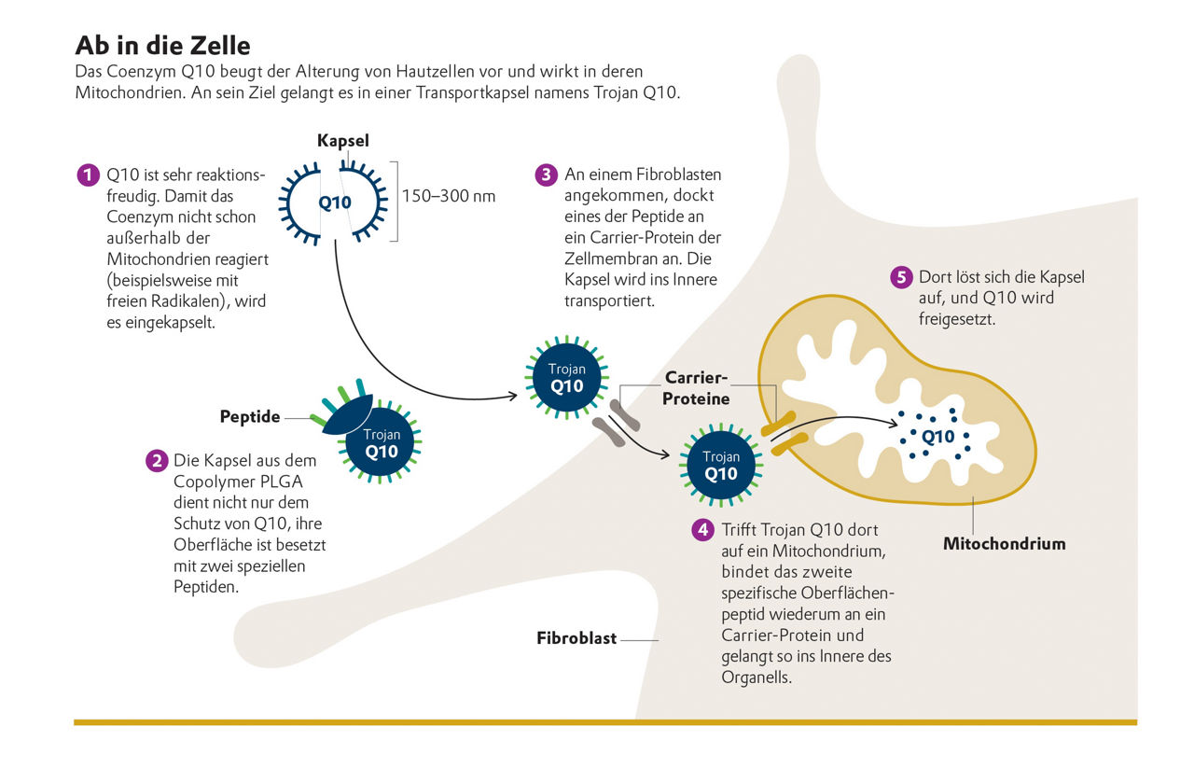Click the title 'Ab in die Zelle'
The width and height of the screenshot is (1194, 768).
[162, 46]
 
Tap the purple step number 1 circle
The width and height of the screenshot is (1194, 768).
[88, 175]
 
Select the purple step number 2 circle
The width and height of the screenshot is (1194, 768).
[156, 461]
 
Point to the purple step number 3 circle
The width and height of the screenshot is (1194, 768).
[546, 175]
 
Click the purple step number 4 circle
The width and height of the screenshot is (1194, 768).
[702, 530]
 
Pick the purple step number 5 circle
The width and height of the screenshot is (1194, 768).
[900, 277]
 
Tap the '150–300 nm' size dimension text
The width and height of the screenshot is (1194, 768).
[448, 197]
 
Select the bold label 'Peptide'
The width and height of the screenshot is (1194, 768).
[250, 417]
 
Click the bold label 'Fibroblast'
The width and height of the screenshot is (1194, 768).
[576, 639]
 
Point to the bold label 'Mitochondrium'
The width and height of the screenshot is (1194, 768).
[1004, 543]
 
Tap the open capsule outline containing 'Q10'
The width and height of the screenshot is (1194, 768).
[336, 202]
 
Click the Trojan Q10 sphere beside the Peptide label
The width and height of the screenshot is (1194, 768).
[381, 443]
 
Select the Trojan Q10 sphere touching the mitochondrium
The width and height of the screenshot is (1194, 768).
[721, 464]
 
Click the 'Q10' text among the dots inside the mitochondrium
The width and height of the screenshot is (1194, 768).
[937, 436]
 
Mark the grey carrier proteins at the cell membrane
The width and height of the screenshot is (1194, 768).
[616, 421]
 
